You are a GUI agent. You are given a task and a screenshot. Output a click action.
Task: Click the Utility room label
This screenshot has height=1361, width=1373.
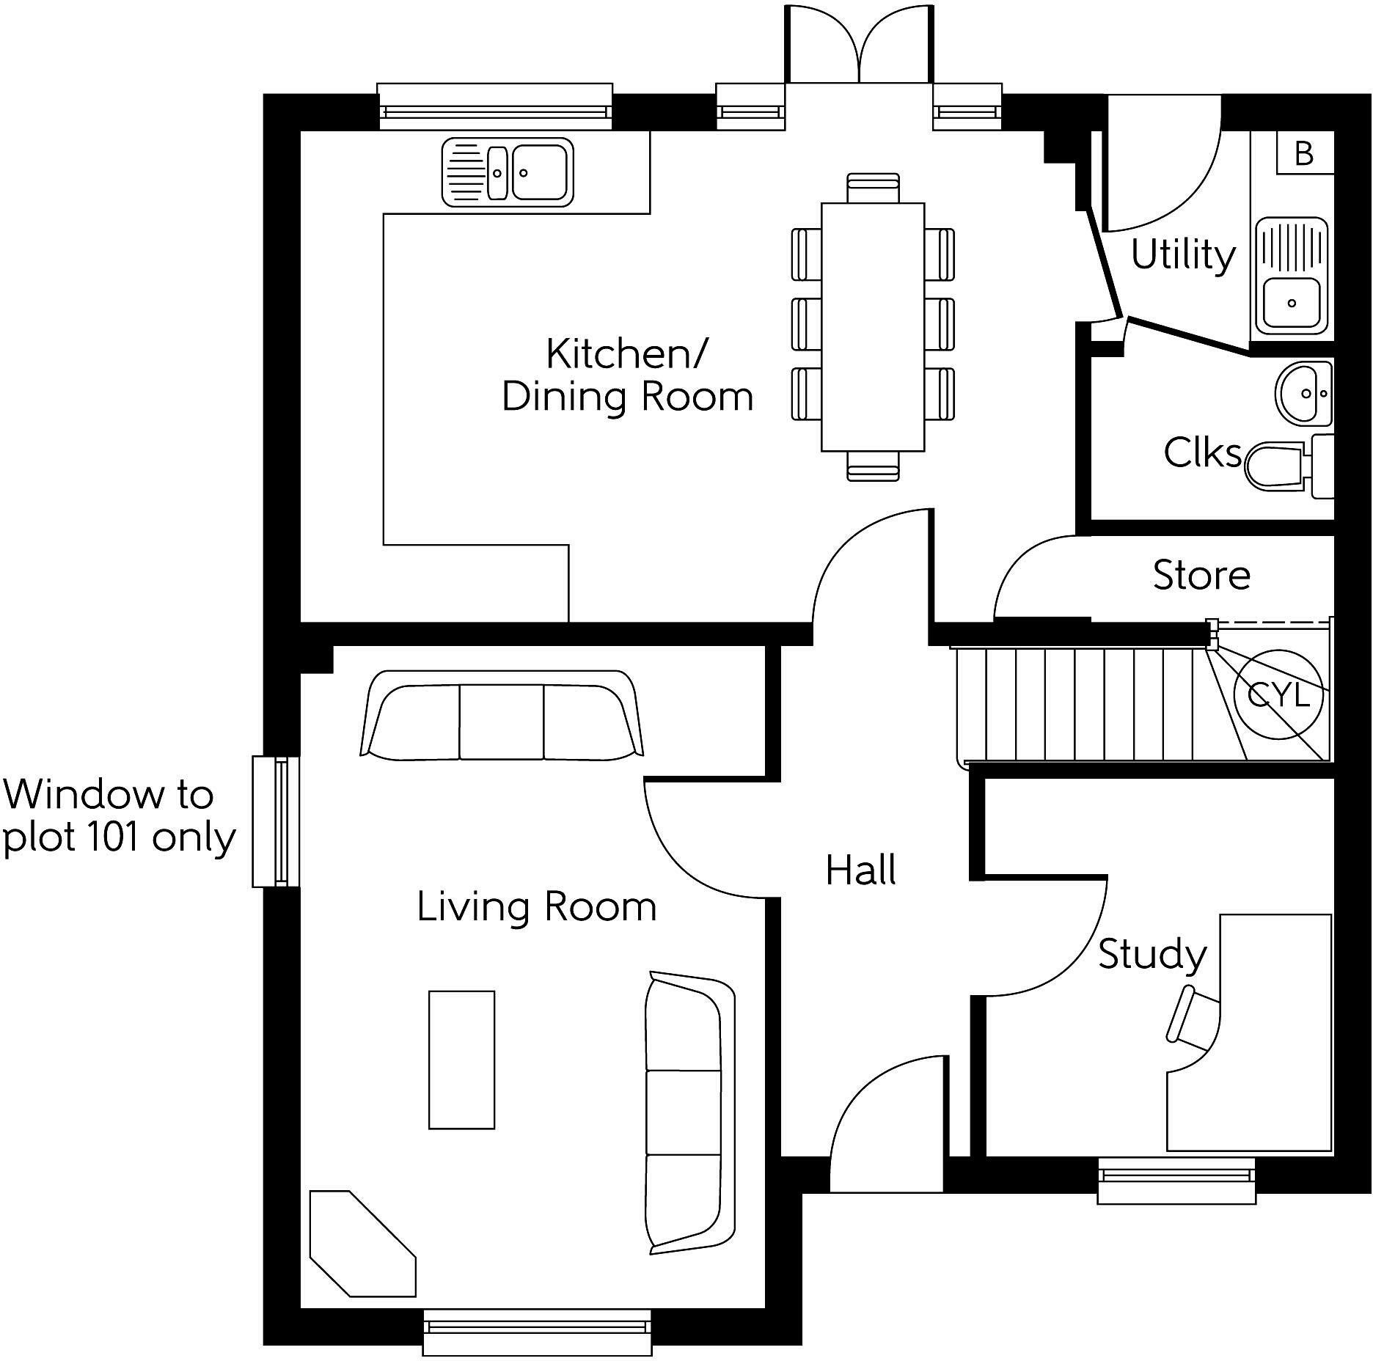click(1183, 255)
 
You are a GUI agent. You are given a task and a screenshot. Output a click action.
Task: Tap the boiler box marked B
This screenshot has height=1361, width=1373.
click(1303, 153)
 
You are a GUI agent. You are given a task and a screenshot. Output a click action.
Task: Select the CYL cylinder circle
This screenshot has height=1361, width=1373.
click(1278, 694)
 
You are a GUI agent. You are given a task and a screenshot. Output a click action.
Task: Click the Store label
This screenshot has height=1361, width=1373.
click(1201, 575)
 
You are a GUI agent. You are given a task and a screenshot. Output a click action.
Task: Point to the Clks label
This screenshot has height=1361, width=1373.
click(1201, 452)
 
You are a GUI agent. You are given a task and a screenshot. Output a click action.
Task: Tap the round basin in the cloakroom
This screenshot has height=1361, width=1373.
click(1303, 392)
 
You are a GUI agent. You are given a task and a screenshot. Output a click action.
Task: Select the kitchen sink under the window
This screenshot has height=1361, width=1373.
click(508, 172)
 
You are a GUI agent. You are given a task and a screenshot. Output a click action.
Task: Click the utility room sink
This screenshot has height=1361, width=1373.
click(1292, 276)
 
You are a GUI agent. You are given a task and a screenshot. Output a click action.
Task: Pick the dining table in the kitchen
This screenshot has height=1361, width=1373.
click(872, 327)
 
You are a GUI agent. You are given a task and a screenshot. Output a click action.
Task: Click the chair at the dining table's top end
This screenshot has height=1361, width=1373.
click(872, 188)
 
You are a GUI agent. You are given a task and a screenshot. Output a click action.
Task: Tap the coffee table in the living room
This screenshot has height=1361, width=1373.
click(461, 1060)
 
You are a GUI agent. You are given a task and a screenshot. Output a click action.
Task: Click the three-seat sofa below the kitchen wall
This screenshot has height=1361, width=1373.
click(502, 716)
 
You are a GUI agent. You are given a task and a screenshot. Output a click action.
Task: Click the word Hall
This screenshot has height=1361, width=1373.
click(860, 870)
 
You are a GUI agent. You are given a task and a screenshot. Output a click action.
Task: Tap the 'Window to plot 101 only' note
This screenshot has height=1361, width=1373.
click(117, 816)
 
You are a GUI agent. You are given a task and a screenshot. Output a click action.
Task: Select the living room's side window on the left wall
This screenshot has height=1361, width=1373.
click(276, 821)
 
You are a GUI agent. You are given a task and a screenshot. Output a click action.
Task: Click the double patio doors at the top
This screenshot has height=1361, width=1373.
click(858, 46)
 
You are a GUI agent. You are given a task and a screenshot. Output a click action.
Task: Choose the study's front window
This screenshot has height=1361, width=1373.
click(1176, 1181)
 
